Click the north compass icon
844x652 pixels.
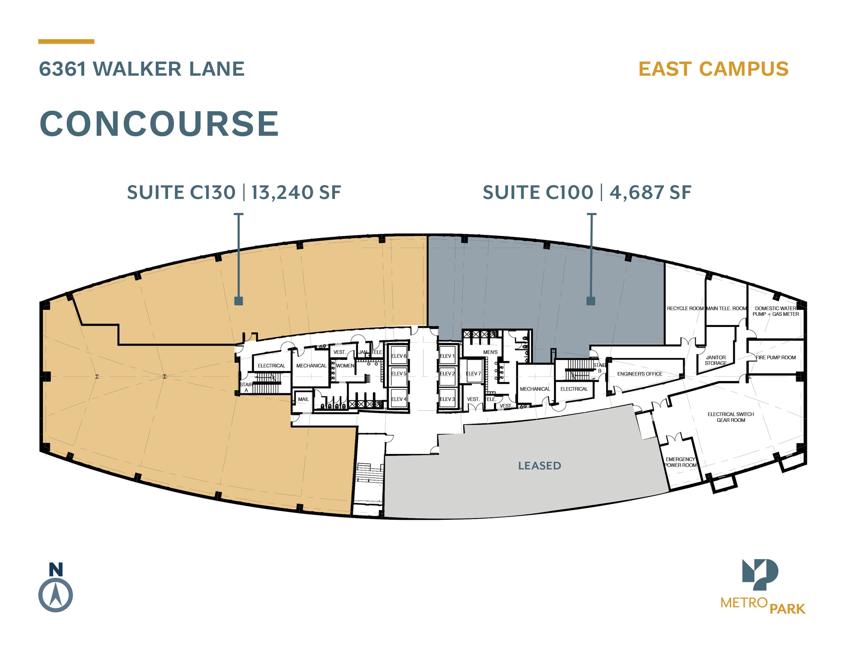[x=56, y=595]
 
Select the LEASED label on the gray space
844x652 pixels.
[x=539, y=466]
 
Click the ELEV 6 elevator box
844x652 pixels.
[x=399, y=356]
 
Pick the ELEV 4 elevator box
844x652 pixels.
[x=399, y=399]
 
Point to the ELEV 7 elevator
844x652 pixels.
[x=473, y=374]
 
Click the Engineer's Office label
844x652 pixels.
[x=640, y=374]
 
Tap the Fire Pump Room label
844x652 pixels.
[x=776, y=358]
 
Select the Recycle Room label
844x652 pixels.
[x=685, y=308]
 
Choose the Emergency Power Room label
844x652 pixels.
[x=680, y=462]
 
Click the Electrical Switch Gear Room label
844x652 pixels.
[x=731, y=417]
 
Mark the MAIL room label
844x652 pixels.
[x=303, y=399]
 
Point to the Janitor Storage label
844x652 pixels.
[x=715, y=360]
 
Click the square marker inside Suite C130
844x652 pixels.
[x=238, y=301]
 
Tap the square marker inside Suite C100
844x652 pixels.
[x=591, y=301]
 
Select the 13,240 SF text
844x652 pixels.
[x=296, y=192]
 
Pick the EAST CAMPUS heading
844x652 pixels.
[x=713, y=69]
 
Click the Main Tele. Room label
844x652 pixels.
[x=726, y=308]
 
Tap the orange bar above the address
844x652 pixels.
[x=66, y=42]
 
